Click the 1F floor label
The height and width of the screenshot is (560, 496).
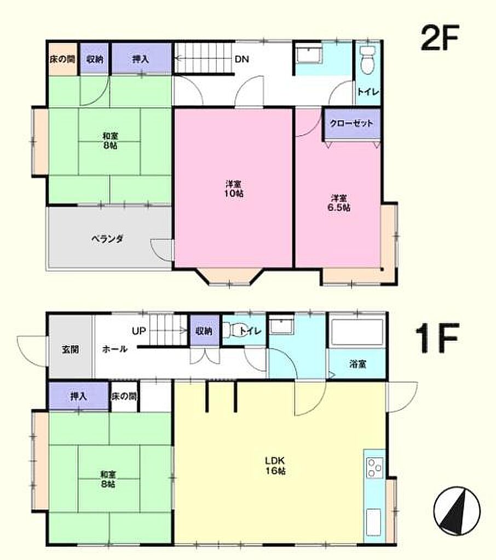click(x=437, y=337)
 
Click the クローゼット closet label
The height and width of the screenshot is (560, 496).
click(x=351, y=124)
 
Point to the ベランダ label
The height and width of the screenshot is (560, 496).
click(x=107, y=238)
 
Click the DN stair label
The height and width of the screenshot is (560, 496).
click(x=242, y=59)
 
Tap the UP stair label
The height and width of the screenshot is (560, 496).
click(x=139, y=331)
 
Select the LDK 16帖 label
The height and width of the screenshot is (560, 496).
click(x=275, y=465)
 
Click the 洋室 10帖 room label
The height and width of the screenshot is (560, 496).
click(x=234, y=189)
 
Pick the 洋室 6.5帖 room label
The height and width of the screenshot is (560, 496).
click(x=339, y=202)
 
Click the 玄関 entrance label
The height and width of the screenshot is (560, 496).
click(x=70, y=349)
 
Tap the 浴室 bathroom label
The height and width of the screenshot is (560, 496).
click(x=357, y=364)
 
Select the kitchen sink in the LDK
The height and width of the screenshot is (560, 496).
click(x=374, y=522)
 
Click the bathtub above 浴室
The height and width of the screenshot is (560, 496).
click(x=357, y=332)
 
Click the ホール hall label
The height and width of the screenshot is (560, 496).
click(x=114, y=349)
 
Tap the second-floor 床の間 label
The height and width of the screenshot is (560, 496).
click(x=62, y=59)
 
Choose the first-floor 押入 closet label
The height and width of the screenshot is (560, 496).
click(x=79, y=396)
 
